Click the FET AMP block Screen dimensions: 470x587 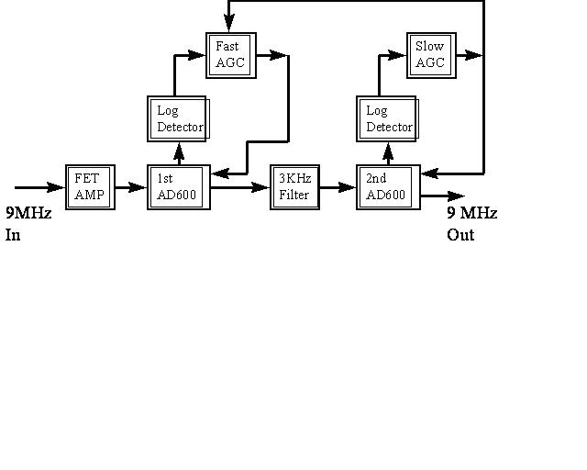coord(90,187)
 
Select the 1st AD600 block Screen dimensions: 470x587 coord(178,187)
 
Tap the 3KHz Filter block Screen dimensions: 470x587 coord(294,187)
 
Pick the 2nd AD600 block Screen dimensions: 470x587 coord(388,187)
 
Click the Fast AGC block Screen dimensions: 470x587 coord(229,55)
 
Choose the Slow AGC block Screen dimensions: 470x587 coord(431,55)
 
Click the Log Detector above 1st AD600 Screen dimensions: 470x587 coord(178,118)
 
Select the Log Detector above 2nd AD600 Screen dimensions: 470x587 coord(388,118)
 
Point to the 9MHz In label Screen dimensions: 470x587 coord(28,223)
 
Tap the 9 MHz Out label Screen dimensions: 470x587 coord(471,223)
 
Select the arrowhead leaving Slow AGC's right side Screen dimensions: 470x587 coord(472,55)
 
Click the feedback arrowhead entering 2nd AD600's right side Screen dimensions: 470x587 coord(429,173)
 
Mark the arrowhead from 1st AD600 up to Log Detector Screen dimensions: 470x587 coord(179,151)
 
